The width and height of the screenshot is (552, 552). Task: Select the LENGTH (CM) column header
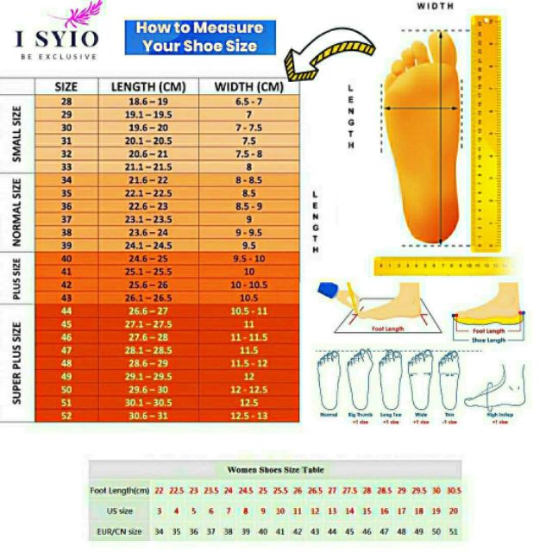point(148,86)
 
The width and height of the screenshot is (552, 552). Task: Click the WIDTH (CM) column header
point(248,86)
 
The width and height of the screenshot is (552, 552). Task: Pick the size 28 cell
point(66,101)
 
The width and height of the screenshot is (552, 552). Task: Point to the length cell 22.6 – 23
point(148,206)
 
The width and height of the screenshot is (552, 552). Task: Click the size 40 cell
point(66,259)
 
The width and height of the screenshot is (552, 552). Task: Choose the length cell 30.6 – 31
point(148,415)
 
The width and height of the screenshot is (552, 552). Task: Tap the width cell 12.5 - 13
point(248,415)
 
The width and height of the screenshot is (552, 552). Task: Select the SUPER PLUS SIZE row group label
point(17,362)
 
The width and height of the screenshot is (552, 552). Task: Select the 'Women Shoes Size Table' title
point(275,470)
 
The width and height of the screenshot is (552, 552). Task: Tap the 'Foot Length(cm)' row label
point(122,490)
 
